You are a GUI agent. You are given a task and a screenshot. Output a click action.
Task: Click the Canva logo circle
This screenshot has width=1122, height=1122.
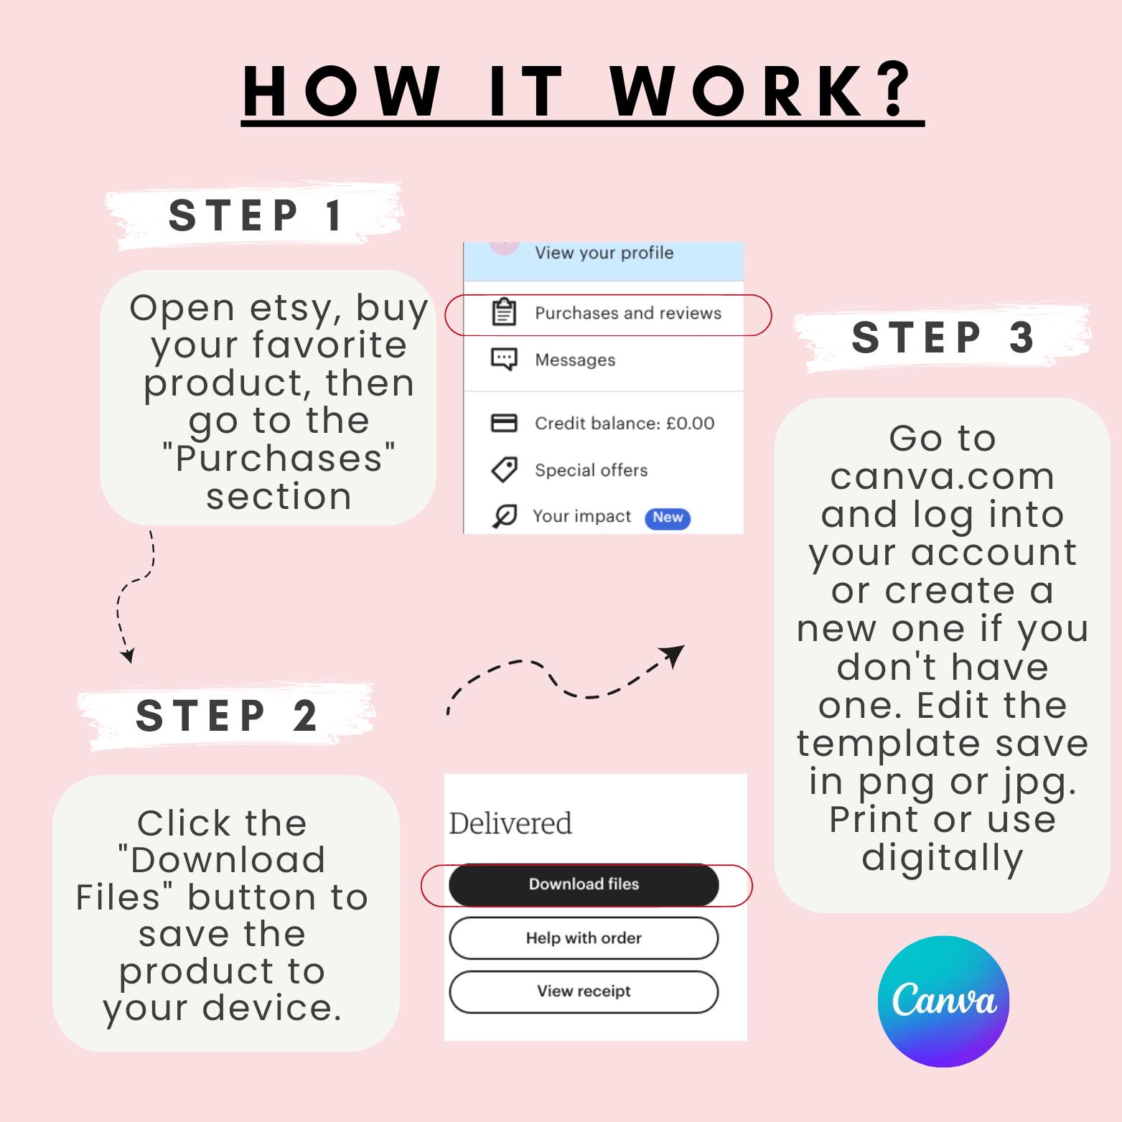click(943, 1001)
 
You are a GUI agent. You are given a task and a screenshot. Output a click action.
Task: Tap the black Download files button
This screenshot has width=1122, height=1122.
click(584, 884)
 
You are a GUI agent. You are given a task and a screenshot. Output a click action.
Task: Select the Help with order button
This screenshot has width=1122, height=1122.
click(584, 938)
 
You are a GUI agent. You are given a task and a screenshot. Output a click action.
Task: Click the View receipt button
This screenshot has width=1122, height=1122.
click(584, 991)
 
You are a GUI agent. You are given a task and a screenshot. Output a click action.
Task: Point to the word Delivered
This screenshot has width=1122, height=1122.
click(510, 823)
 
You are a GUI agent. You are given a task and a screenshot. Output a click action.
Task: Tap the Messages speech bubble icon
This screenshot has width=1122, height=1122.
click(504, 359)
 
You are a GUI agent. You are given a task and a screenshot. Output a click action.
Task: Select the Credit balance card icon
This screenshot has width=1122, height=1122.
click(504, 423)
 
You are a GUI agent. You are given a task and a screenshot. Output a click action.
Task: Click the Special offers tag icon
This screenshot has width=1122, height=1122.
click(504, 470)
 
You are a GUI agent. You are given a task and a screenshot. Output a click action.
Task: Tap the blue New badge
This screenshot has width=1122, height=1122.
click(668, 518)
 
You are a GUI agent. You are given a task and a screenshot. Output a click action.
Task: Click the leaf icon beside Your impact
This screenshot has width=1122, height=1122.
click(505, 516)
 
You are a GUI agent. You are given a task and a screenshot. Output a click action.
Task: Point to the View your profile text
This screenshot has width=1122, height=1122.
click(604, 253)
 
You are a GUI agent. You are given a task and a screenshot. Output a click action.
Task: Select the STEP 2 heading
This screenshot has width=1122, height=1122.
click(226, 716)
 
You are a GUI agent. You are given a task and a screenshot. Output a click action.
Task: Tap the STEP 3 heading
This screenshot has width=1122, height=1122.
click(943, 337)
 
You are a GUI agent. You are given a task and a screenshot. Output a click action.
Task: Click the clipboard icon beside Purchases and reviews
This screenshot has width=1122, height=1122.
click(504, 312)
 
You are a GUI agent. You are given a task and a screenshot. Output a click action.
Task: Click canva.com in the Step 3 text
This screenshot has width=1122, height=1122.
click(943, 477)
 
